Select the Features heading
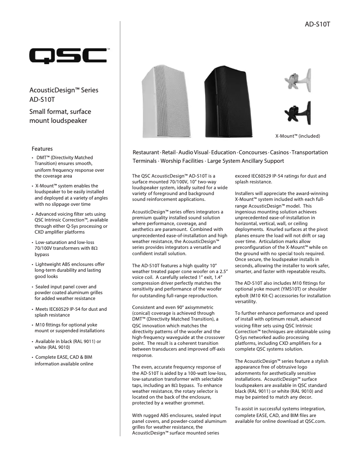[x=42, y=148]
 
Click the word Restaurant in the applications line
[x=146, y=152]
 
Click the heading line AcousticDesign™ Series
[x=64, y=90]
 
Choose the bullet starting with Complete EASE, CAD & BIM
[x=67, y=357]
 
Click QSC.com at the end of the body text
[x=315, y=421]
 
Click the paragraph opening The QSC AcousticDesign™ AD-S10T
[x=175, y=176]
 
